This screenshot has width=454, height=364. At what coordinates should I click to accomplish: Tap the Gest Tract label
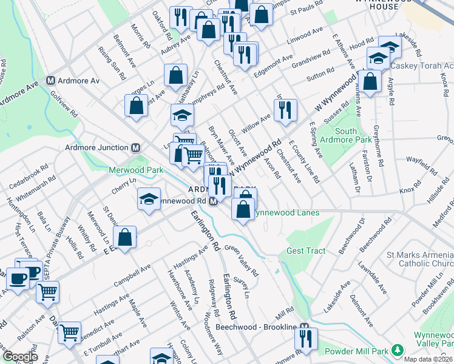pyautogui.click(x=307, y=251)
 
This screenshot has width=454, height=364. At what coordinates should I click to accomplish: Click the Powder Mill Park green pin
pyautogui.click(x=397, y=351)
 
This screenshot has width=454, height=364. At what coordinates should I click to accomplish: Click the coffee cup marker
pyautogui.click(x=17, y=279)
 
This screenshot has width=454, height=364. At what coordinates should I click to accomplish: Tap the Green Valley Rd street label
pyautogui.click(x=242, y=260)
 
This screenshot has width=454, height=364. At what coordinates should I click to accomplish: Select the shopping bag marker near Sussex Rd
pyautogui.click(x=369, y=81)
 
